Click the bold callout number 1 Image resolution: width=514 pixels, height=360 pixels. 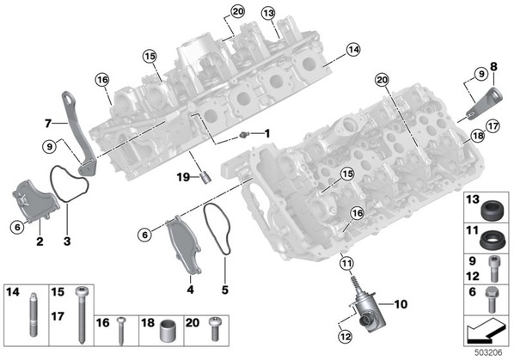point(267,133)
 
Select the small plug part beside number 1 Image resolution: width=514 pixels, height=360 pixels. point(244,134)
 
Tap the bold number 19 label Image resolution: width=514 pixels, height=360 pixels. point(184,177)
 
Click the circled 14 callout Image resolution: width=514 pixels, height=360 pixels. point(353,50)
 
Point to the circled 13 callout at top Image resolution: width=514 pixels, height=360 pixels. point(268,14)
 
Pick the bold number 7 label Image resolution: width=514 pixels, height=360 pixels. point(48,124)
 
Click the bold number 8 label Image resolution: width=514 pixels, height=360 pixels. point(493,66)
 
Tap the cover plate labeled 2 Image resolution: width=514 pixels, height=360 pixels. point(34,201)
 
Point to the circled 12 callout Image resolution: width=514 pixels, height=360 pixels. point(345,336)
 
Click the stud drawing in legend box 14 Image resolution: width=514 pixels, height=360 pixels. point(34,314)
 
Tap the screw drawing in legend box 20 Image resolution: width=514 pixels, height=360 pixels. point(214,329)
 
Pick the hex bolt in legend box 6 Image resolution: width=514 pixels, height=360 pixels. point(492,300)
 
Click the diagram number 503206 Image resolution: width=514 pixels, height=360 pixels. point(488,353)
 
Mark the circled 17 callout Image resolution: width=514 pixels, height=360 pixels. point(493,126)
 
